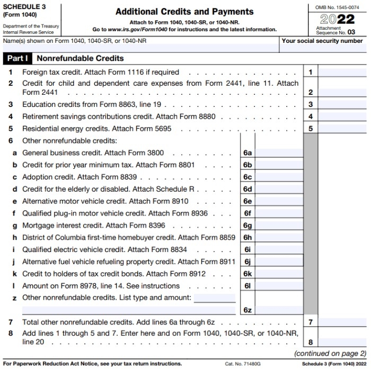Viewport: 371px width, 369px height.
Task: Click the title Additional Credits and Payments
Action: (x=184, y=12)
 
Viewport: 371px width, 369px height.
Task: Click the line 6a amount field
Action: (x=279, y=153)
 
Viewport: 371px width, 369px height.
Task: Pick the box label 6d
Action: (x=247, y=189)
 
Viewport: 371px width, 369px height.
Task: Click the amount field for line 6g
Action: (x=279, y=226)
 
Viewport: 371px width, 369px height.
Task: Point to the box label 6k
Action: (x=247, y=274)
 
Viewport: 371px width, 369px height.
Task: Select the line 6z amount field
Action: (x=279, y=310)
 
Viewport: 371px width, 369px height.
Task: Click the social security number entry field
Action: (x=322, y=48)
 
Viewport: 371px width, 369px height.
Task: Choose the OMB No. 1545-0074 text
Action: (x=336, y=6)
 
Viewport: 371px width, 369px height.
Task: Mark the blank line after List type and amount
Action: (x=215, y=298)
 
